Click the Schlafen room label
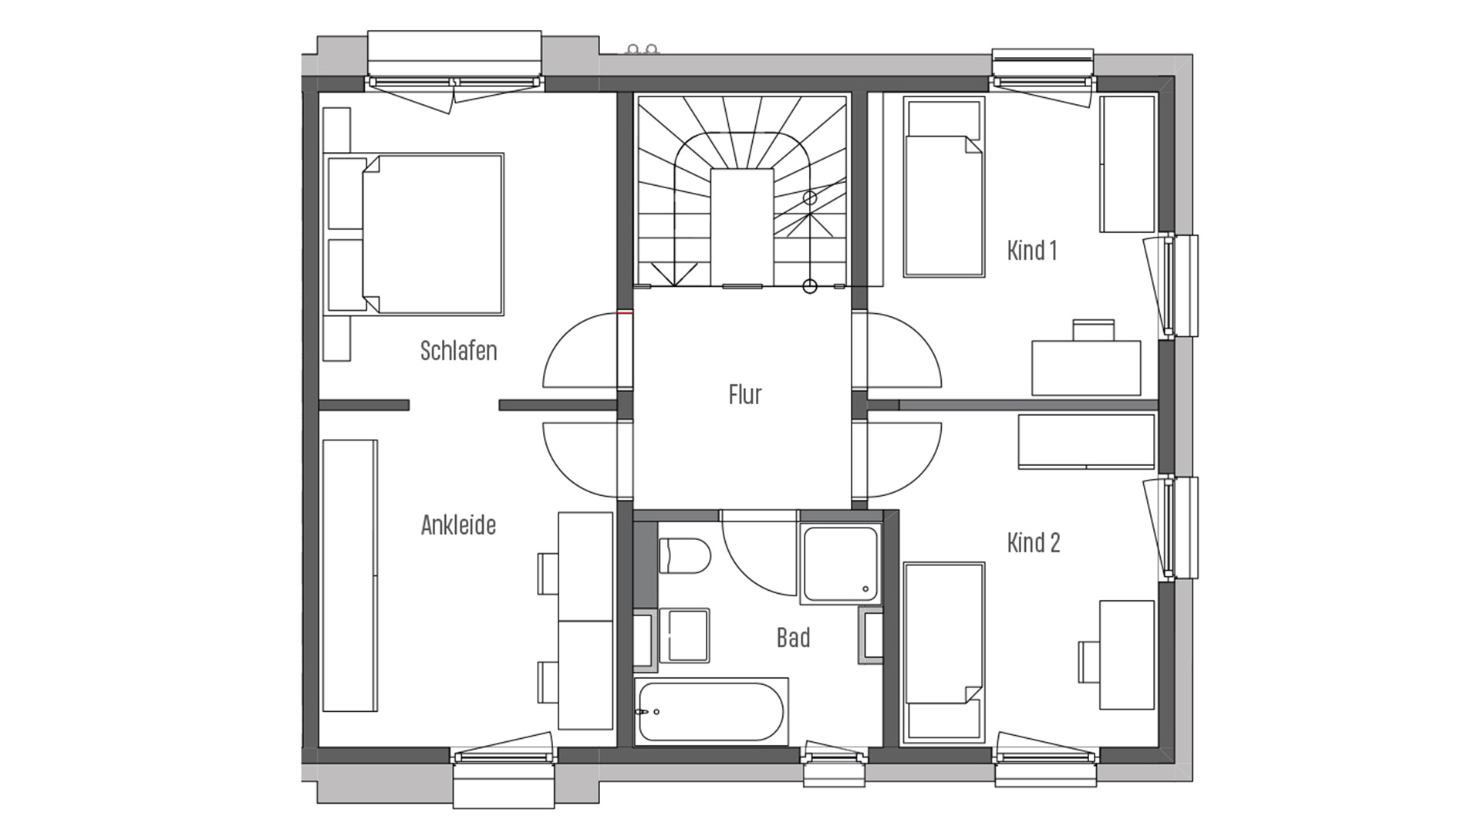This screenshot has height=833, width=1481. coord(458,351)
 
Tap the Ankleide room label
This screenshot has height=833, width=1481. coord(458,525)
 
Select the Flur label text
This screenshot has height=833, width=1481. coord(745,395)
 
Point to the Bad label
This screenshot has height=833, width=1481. coord(793,638)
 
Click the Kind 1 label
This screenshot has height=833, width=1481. coord(1032,251)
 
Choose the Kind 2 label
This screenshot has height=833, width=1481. coord(1034,543)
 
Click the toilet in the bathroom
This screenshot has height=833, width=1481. coord(685,556)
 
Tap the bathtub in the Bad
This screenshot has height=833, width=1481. coord(710,712)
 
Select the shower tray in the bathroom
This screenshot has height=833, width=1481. coord(840,564)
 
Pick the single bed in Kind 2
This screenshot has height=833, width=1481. coord(944,653)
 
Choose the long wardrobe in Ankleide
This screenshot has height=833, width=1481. coord(350,575)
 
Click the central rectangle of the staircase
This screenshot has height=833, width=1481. coord(742,228)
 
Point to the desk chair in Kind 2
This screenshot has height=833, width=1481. coord(1088,661)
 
